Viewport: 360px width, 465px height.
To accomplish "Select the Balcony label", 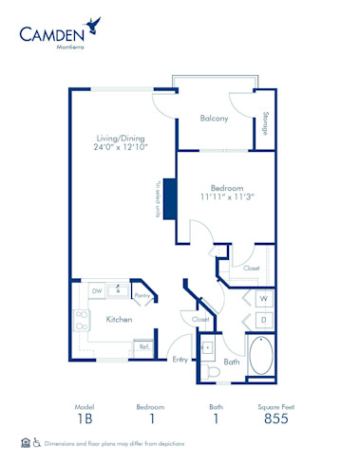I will (213, 119).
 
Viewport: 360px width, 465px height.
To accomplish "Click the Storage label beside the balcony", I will (264, 122).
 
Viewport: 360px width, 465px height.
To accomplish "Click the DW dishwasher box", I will (96, 290).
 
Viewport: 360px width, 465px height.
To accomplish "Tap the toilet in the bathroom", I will (213, 373).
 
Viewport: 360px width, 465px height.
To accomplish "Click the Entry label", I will (180, 358).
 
